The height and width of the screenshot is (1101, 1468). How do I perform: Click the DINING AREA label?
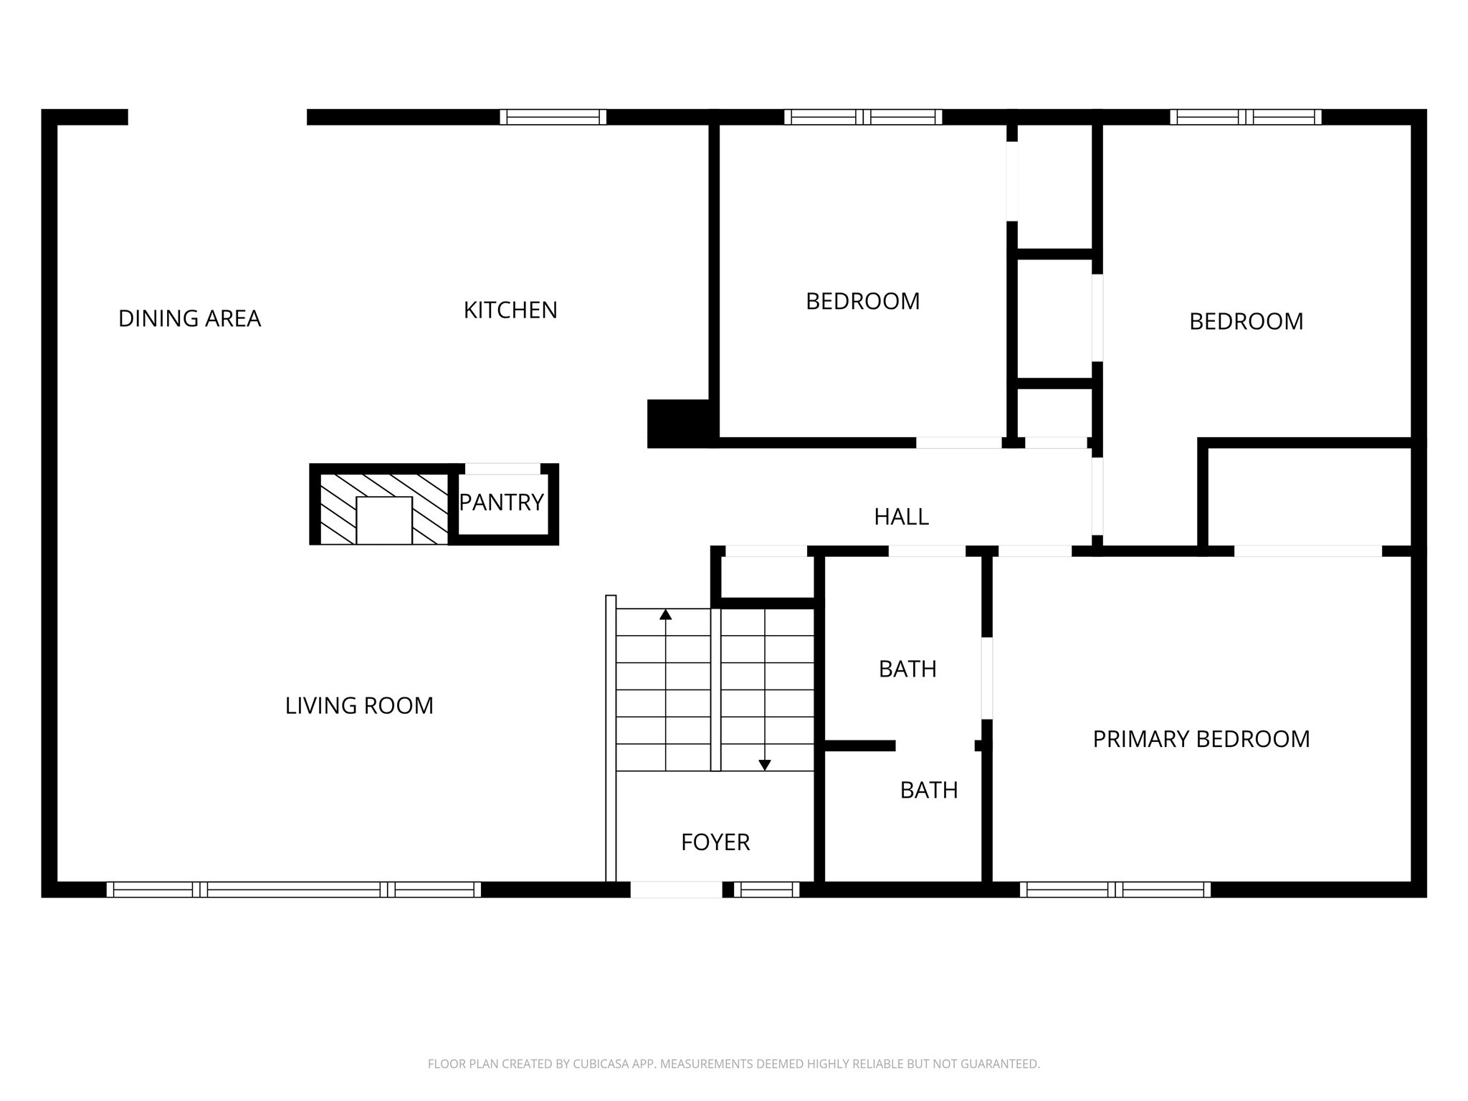coord(189,318)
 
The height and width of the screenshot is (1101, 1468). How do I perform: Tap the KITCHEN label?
coord(510,310)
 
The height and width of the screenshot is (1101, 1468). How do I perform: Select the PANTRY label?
coord(501,502)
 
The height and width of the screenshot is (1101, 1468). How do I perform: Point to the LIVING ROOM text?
coord(359,705)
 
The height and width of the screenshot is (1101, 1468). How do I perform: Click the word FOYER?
coord(715,842)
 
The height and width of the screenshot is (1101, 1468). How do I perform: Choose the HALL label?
coord(901,516)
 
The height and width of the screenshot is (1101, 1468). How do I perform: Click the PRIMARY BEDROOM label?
coord(1201,739)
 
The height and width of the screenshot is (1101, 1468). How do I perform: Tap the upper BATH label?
coord(907,669)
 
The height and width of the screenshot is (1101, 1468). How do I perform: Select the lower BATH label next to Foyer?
coord(929,790)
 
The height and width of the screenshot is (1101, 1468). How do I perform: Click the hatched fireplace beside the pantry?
coord(383,505)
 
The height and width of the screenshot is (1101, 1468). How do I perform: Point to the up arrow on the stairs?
coord(666,614)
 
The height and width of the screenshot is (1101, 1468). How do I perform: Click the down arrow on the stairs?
coord(765,765)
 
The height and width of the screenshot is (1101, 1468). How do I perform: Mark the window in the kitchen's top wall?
coord(553,117)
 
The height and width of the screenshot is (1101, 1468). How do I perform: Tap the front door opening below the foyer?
coord(676,890)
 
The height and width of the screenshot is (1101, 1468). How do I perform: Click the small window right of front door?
coord(766,890)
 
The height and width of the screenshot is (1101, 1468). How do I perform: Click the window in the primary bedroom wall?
coord(1115,890)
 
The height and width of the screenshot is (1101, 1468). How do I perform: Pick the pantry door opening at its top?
coord(502,469)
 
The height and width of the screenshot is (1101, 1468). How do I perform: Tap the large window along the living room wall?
coord(294,890)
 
